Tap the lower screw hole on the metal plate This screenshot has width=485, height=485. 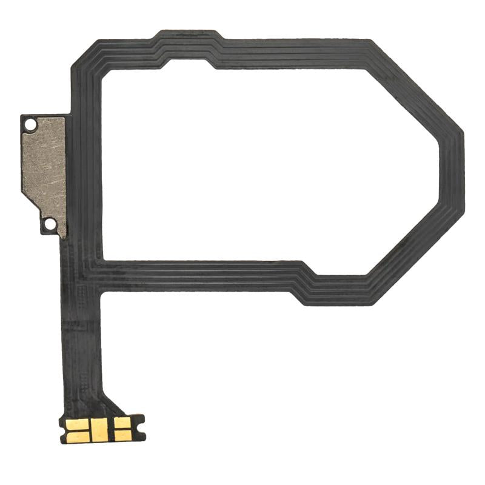(51, 224)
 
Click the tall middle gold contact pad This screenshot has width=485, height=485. (100, 429)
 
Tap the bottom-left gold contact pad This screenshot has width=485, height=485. (79, 435)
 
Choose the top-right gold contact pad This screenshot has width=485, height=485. (122, 423)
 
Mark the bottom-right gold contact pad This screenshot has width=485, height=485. (122, 435)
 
